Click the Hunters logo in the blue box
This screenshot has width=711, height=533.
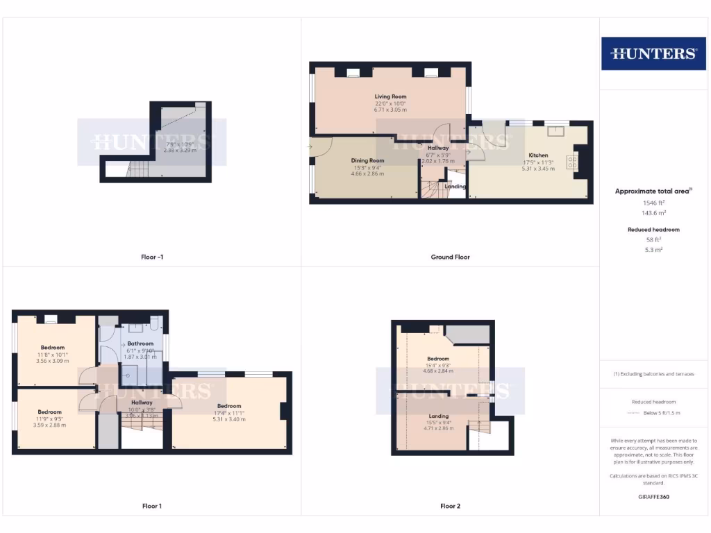(653, 53)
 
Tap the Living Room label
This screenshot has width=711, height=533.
(390, 96)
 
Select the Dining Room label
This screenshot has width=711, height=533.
(367, 160)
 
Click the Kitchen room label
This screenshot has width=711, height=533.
(538, 155)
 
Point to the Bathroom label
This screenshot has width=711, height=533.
(140, 344)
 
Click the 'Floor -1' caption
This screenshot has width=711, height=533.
(151, 257)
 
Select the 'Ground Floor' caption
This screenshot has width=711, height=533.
(450, 257)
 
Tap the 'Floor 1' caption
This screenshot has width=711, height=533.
(151, 506)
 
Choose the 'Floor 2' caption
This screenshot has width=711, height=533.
(450, 506)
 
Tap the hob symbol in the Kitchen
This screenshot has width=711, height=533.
(574, 161)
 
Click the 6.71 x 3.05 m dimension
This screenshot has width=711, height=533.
(390, 110)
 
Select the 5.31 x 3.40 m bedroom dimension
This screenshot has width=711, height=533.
(229, 419)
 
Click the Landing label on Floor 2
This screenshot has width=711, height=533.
(439, 416)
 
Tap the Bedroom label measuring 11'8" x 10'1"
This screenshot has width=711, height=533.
(52, 348)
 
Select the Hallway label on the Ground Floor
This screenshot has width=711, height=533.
(438, 148)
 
